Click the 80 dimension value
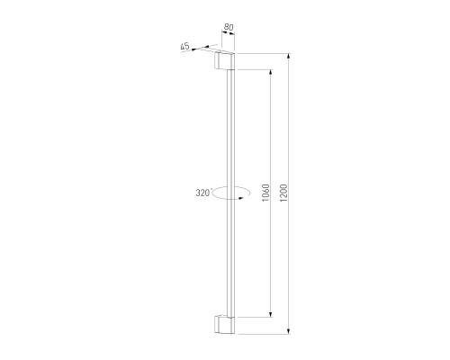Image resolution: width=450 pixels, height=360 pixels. pos(229,27)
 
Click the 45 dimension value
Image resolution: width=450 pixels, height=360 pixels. pos(184,46)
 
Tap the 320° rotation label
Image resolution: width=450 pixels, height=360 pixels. pos(203,193)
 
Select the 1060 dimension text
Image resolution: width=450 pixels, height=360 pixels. pos(265,193)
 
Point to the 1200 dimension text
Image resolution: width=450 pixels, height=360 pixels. pos(283,193)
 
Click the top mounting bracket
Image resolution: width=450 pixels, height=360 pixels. pos(224,61)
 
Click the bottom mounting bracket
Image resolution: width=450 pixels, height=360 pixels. pos(224,324)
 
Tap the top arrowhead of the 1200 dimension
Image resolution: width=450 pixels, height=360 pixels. pos(289,57)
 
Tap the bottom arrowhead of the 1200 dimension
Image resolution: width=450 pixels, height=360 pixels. pos(289,330)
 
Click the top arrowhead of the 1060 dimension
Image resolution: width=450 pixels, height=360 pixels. pos(271,73)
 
